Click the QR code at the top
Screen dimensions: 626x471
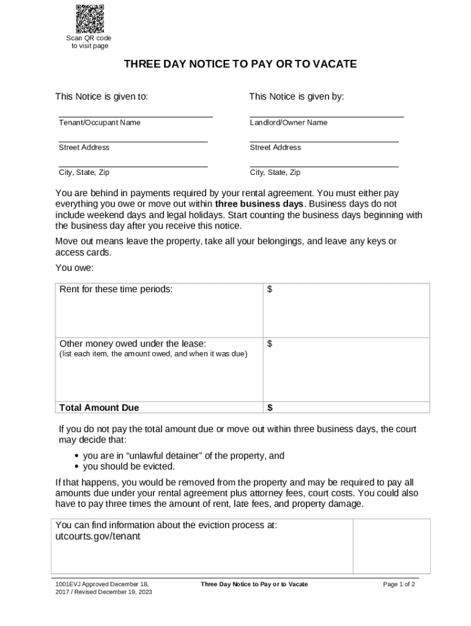(x=89, y=18)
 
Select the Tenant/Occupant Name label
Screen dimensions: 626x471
(x=99, y=123)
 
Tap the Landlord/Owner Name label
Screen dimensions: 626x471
(x=288, y=123)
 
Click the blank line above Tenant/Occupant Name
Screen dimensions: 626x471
(x=135, y=116)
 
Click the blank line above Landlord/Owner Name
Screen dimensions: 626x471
(x=327, y=116)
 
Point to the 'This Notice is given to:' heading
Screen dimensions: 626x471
(x=102, y=97)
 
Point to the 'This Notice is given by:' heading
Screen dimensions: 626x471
(x=296, y=97)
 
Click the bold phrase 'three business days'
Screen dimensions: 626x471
(x=259, y=204)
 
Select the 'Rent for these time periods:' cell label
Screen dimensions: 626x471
(x=116, y=289)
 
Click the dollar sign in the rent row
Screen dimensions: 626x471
(x=270, y=289)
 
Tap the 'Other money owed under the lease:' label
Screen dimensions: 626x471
(x=132, y=344)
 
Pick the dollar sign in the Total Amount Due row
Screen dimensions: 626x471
(x=270, y=408)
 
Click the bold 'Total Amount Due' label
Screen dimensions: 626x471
(x=99, y=408)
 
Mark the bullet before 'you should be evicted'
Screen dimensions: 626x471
(x=76, y=466)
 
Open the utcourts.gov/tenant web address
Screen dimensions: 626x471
(x=98, y=536)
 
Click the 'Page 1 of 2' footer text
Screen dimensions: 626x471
(x=399, y=584)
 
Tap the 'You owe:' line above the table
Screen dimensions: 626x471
(x=75, y=268)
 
